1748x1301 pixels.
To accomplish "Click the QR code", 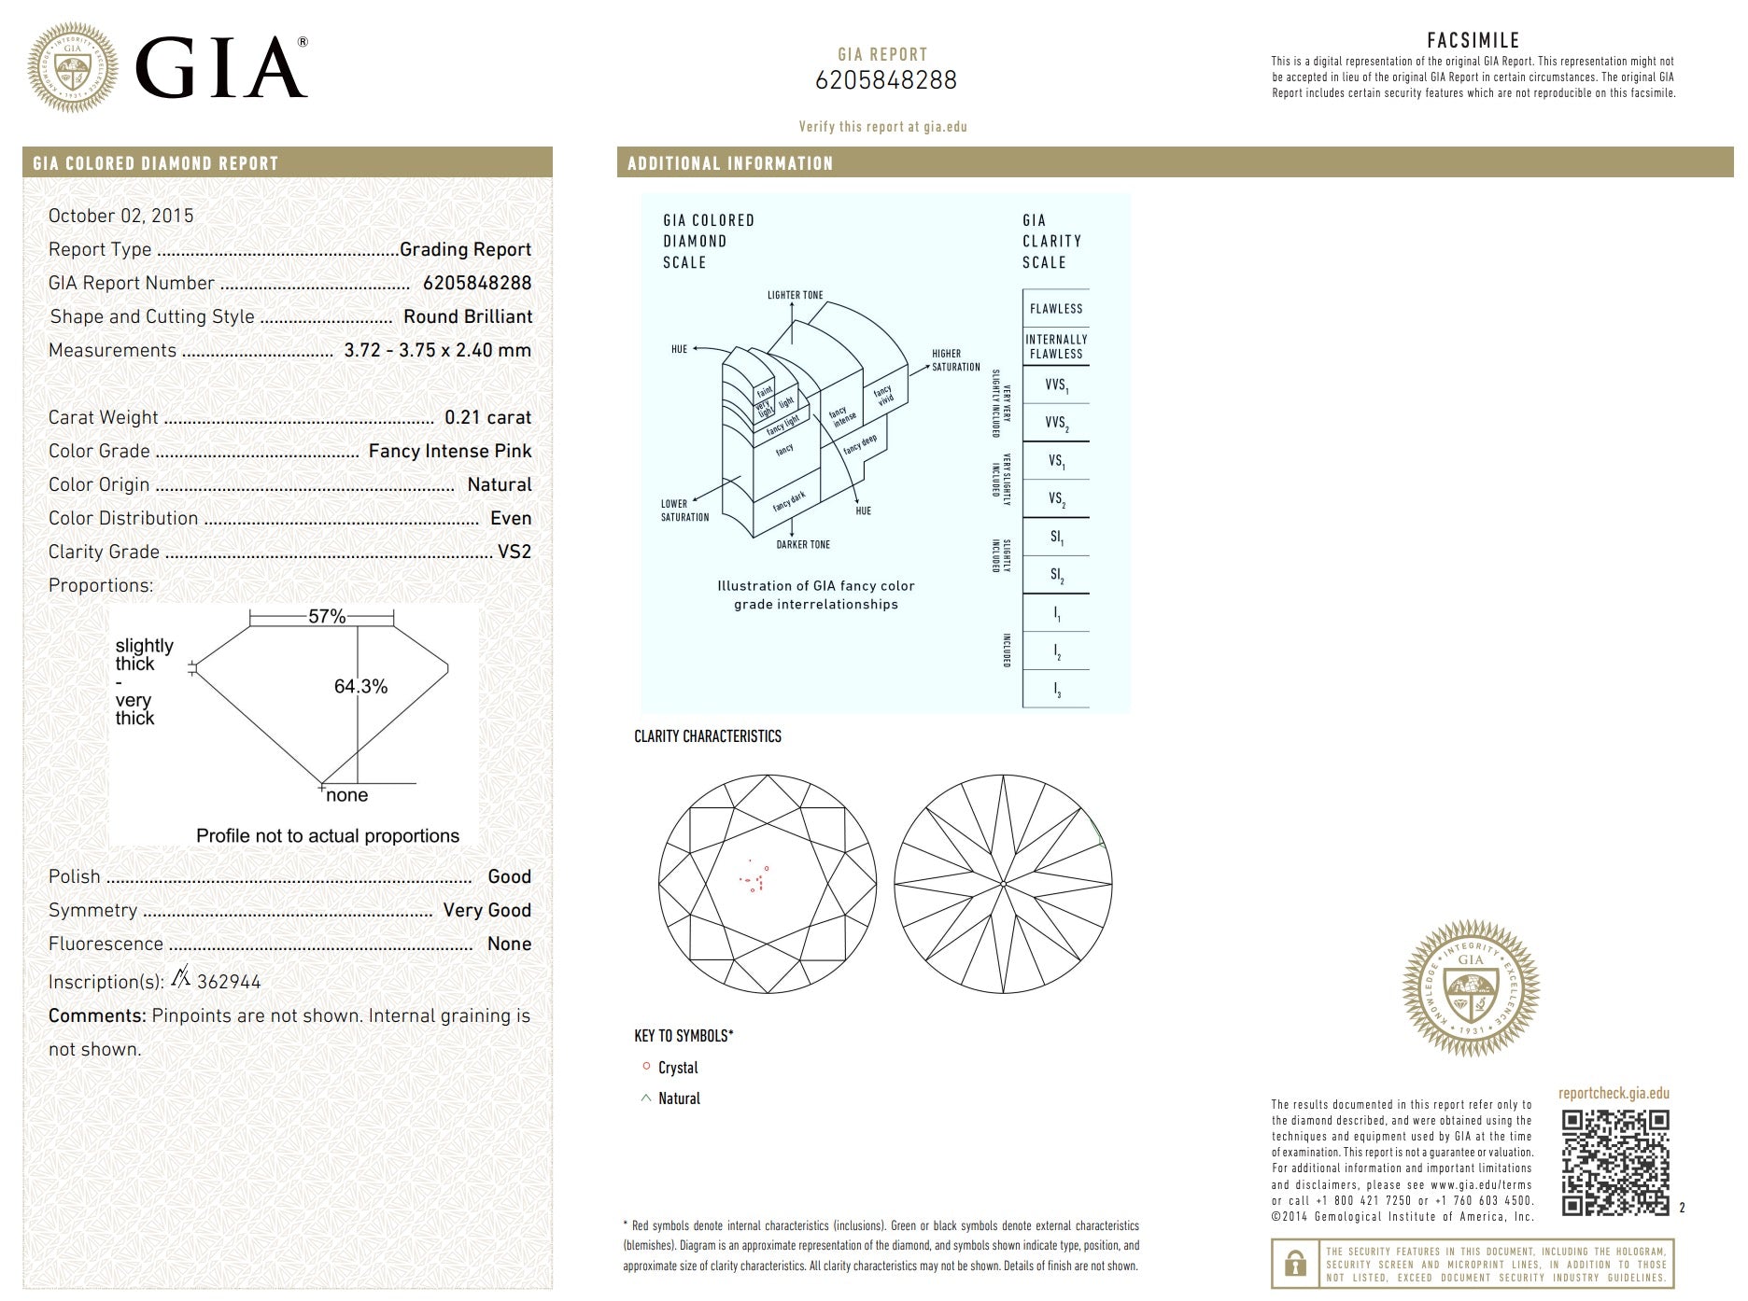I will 1614,1162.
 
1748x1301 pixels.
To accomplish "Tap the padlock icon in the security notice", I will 1295,1264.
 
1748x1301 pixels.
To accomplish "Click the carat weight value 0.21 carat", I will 487,417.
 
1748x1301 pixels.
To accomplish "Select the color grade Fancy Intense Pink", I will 449,451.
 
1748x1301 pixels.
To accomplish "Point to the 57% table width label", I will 327,616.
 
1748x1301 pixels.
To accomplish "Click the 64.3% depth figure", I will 360,686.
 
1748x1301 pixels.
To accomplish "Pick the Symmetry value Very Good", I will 486,910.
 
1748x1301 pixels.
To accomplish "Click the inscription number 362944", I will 229,982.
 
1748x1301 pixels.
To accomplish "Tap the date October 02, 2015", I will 121,216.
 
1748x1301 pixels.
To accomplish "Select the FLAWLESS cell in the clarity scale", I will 1056,309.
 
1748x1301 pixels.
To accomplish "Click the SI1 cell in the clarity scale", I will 1056,537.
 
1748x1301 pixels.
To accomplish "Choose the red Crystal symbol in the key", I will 646,1066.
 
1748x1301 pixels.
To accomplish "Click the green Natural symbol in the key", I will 646,1098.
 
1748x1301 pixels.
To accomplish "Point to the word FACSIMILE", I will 1473,40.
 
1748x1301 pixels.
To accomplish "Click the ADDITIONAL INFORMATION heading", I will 730,163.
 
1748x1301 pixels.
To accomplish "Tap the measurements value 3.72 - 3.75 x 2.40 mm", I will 437,350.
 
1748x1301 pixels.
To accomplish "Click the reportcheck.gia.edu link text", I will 1614,1093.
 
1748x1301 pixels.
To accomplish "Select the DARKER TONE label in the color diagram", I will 803,544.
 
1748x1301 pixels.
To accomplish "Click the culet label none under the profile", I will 347,795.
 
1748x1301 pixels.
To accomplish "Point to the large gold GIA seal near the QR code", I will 1471,988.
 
